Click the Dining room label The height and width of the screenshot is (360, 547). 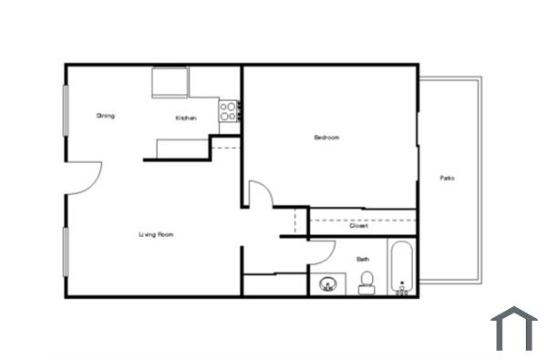(106, 116)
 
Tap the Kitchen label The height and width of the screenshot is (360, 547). (186, 118)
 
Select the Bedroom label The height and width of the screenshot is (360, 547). (326, 138)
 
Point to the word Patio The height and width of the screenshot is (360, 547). (447, 178)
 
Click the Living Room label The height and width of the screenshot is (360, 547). (156, 235)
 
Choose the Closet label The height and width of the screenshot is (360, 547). (358, 225)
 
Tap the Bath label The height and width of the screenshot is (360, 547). (363, 259)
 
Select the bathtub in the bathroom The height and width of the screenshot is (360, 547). (402, 267)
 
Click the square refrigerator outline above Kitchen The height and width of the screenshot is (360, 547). (170, 84)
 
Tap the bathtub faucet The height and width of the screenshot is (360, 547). (402, 289)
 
